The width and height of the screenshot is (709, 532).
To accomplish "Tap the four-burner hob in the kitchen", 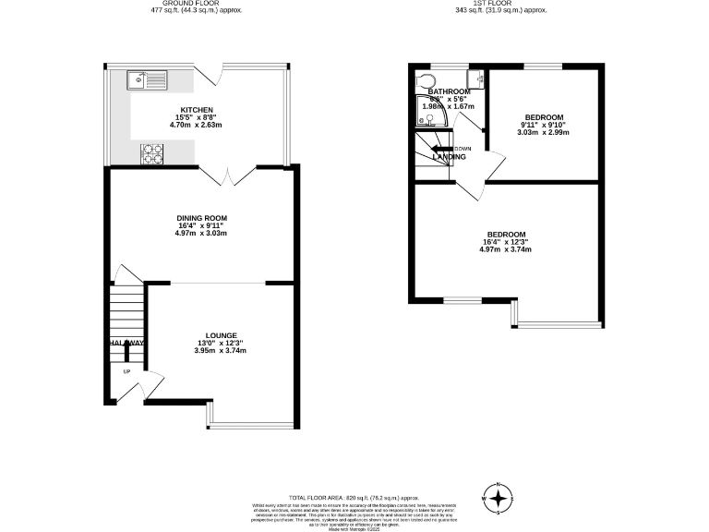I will (151, 154).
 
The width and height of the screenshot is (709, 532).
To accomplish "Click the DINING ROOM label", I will (200, 217).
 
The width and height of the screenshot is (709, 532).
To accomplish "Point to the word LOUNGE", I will (222, 335).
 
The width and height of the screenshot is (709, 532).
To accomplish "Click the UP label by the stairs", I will (126, 372).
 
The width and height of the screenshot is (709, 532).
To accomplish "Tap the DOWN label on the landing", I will (463, 149).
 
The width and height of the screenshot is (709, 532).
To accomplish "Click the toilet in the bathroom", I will (425, 79).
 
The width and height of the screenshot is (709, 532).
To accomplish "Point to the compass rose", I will (499, 500).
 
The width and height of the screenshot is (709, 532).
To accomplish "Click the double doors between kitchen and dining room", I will (227, 175).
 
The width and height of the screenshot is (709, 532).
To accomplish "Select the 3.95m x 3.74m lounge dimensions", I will (222, 351).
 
